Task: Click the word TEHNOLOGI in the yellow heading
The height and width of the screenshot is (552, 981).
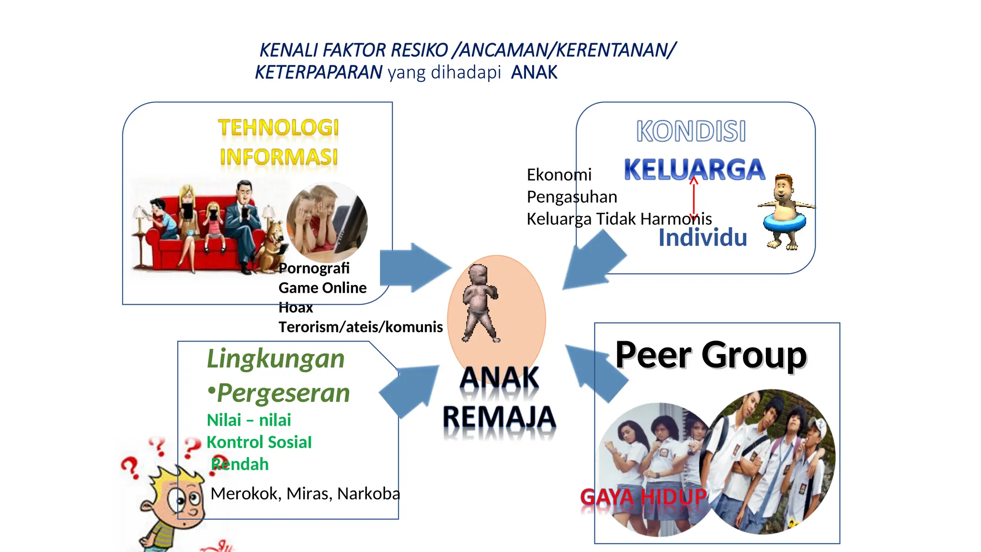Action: [278, 128]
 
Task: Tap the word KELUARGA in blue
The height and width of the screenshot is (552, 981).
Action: [695, 170]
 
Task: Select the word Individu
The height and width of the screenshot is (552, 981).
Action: [702, 238]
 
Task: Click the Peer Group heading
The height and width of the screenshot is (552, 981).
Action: [711, 355]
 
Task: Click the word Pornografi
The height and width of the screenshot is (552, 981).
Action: [314, 268]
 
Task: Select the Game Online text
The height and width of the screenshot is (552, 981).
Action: [322, 288]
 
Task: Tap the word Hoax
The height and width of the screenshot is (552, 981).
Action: [296, 308]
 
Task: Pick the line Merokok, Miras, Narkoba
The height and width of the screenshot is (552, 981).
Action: [305, 494]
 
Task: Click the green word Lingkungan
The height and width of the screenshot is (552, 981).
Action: [275, 358]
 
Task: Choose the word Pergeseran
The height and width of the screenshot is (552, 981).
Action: [283, 393]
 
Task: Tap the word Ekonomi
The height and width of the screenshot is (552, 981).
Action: [559, 175]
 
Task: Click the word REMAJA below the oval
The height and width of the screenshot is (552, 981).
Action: [499, 417]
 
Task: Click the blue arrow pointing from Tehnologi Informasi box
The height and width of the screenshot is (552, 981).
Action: [414, 267]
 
